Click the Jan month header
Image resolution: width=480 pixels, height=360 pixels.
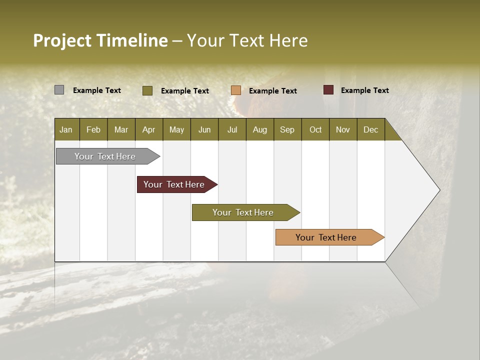(x=66, y=129)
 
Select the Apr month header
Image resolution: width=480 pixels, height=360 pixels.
(x=148, y=129)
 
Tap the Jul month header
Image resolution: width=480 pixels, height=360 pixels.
(x=232, y=129)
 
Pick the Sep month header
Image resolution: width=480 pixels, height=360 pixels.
(x=287, y=129)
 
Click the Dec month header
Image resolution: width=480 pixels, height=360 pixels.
(x=370, y=129)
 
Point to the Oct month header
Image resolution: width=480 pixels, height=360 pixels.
(x=315, y=129)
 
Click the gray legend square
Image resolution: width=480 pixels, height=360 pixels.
(x=59, y=90)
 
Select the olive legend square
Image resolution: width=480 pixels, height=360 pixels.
(x=147, y=90)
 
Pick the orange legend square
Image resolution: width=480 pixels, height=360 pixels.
(x=236, y=90)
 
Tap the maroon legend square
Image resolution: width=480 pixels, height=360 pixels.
(x=328, y=90)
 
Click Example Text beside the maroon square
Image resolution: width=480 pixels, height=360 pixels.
(x=364, y=90)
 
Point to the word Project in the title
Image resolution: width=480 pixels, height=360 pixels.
(x=62, y=40)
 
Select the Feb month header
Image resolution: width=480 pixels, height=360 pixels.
(x=93, y=129)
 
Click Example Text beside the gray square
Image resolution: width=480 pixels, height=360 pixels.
(x=96, y=90)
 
